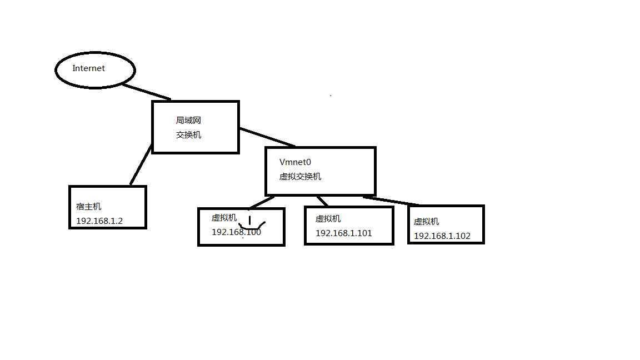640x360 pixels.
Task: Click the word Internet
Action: [89, 68]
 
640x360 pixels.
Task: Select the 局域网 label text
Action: [188, 120]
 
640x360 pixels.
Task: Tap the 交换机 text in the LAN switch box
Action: [188, 134]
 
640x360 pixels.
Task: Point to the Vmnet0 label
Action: [295, 162]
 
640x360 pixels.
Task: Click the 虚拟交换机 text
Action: [300, 177]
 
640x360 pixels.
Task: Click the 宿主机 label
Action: [89, 207]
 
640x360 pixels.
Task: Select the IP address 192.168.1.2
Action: [99, 221]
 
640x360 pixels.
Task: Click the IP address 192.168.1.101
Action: [344, 233]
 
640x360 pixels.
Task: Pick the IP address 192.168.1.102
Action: [442, 236]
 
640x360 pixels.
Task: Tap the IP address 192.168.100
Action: [236, 232]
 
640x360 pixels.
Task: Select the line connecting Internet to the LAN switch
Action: [146, 92]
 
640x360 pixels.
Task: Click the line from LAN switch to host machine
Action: [141, 164]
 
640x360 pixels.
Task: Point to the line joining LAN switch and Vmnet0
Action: [267, 137]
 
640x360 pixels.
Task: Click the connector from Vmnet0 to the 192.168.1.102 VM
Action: [392, 201]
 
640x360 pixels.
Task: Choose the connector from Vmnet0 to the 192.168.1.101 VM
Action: [322, 201]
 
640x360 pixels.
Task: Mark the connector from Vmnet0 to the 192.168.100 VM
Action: [261, 202]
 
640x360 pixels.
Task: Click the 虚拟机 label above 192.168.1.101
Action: [328, 219]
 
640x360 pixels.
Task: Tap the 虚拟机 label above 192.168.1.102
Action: [426, 221]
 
